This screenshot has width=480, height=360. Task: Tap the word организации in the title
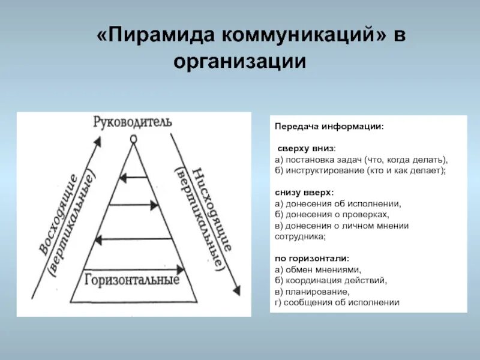pyautogui.click(x=240, y=61)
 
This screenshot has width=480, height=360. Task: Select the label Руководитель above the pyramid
pyautogui.click(x=133, y=122)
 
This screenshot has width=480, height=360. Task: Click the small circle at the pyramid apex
pyautogui.click(x=133, y=139)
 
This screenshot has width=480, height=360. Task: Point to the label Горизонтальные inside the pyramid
pyautogui.click(x=133, y=280)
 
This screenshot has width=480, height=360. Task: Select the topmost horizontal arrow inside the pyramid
pyautogui.click(x=133, y=177)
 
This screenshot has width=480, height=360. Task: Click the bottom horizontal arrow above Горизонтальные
pyautogui.click(x=133, y=268)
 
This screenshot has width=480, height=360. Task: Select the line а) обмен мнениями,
pyautogui.click(x=318, y=269)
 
